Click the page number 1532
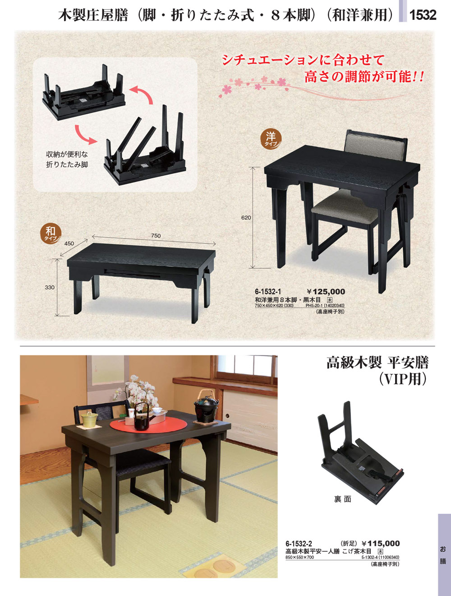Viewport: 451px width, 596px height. coord(423,14)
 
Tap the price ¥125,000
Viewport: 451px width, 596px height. coord(326,292)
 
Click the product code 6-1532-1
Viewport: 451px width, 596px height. coord(268,292)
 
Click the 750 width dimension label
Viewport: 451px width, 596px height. coord(156,236)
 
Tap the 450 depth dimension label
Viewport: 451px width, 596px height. coord(69,243)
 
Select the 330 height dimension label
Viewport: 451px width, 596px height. coord(50,287)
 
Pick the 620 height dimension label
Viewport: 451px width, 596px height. coord(246,218)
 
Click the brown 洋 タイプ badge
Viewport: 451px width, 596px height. coord(271,139)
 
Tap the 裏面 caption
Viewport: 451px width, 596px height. coord(342,499)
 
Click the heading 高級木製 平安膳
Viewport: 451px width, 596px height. coord(377,363)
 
